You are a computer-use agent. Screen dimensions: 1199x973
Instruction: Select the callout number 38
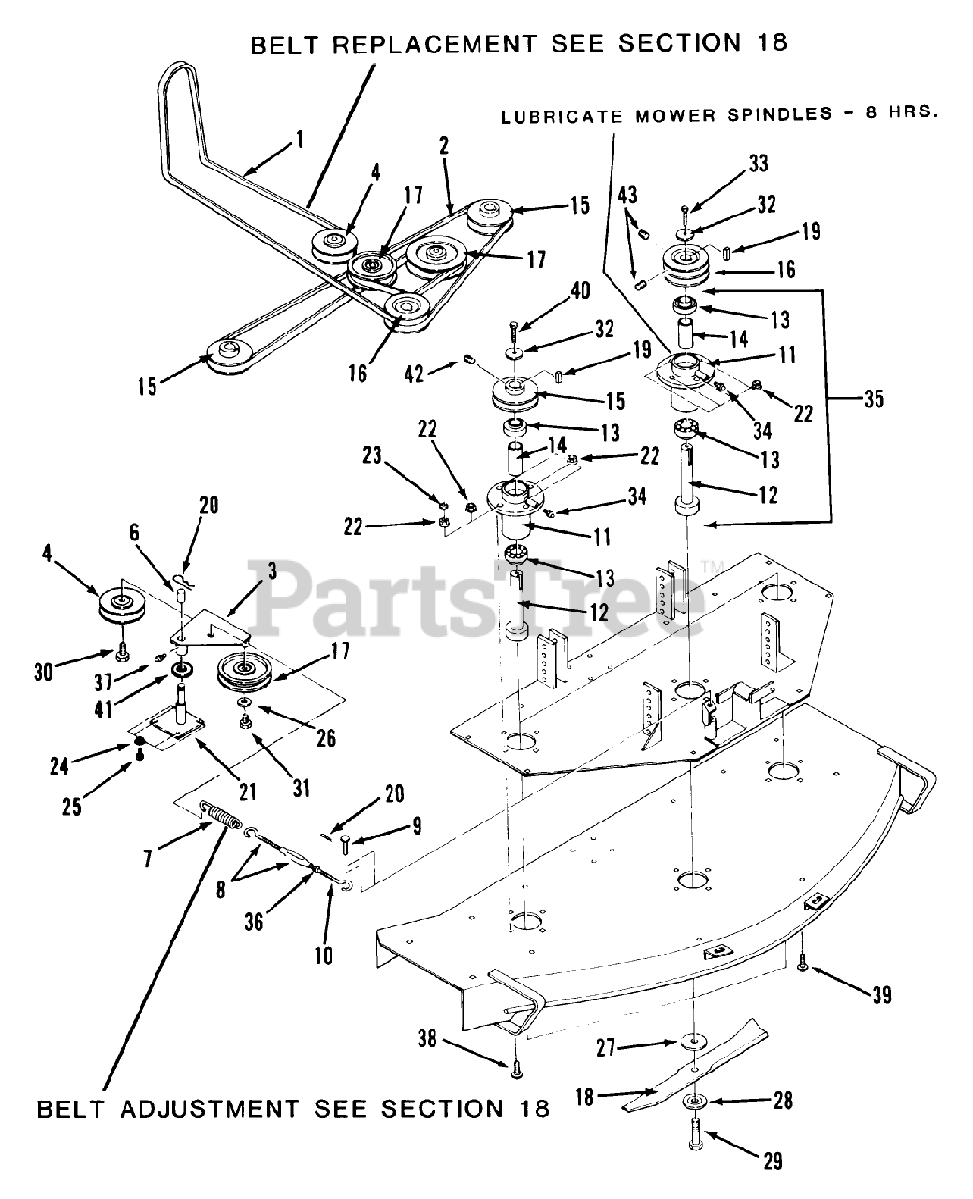click(x=427, y=1038)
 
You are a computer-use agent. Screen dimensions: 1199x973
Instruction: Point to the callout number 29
click(x=772, y=1162)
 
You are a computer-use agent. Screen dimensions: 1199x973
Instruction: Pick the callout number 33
click(x=758, y=164)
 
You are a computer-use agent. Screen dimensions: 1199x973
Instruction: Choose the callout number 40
click(x=579, y=290)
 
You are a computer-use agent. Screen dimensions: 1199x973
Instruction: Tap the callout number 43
click(x=628, y=195)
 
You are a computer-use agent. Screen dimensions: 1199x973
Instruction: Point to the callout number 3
click(x=271, y=570)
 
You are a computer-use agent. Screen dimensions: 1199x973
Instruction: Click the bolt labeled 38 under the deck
click(x=515, y=1065)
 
